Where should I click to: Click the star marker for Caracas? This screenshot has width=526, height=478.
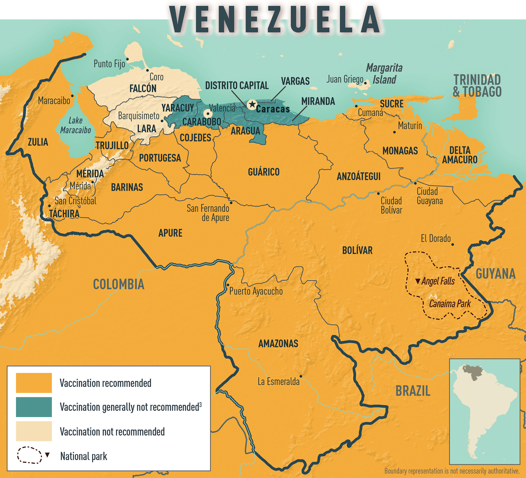point(252,104)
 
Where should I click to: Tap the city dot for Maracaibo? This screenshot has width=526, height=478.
point(72,96)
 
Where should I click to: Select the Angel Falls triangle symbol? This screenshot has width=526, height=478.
point(418,281)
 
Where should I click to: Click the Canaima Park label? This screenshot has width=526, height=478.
point(450,304)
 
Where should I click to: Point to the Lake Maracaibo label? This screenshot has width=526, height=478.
point(76,125)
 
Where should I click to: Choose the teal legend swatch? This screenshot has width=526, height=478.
point(34,407)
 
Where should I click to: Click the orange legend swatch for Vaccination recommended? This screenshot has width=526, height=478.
point(34,383)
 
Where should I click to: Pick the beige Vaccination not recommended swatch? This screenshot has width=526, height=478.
point(34,431)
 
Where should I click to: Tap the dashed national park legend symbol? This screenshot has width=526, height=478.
point(29,455)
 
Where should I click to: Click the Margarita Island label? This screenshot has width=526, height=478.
point(384,74)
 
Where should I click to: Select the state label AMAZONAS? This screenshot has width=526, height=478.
point(278,344)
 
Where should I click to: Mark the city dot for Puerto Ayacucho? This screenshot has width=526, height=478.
point(228,285)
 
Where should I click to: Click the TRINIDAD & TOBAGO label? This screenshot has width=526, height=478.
point(477,86)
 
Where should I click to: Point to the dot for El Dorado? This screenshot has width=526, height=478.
point(453,244)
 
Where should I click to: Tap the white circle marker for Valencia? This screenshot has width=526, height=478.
point(208,113)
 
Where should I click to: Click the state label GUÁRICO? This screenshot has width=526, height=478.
point(264,172)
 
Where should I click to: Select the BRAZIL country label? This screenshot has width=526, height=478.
point(413,391)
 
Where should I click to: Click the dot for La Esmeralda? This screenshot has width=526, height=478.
point(301,376)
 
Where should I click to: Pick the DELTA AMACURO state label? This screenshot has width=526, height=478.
point(460,155)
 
